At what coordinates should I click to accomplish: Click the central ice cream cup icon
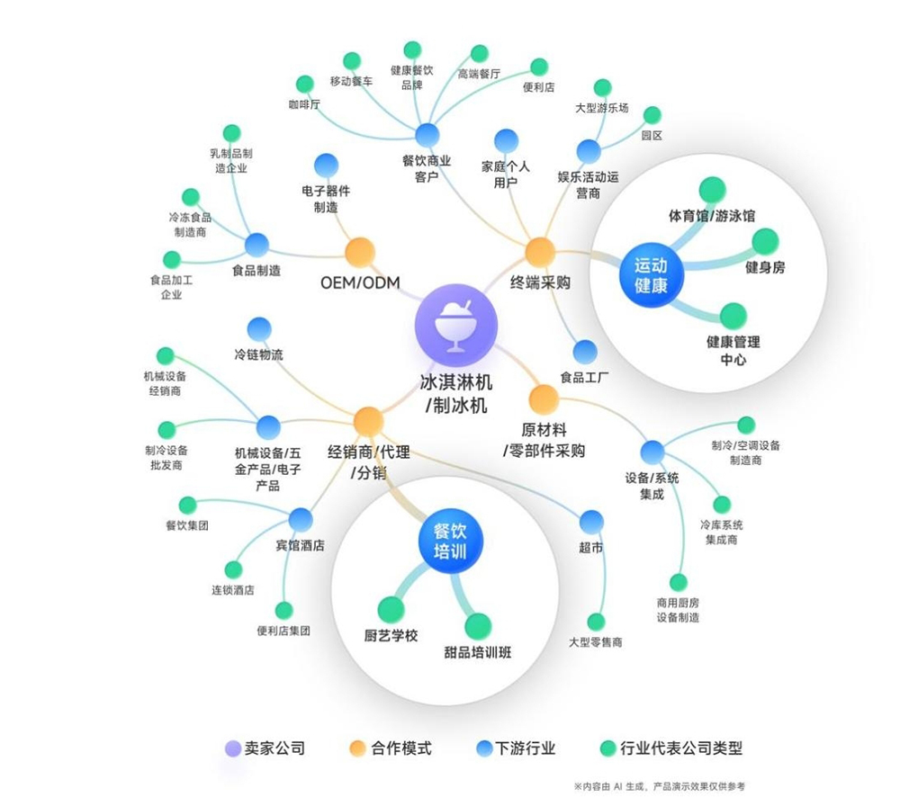[x=455, y=325]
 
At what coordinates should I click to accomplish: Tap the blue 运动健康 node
[x=651, y=275]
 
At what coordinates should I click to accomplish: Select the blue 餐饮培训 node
[x=450, y=542]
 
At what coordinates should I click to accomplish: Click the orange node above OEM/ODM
[x=360, y=253]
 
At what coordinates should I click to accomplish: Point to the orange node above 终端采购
[x=539, y=253]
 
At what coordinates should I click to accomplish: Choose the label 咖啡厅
[x=304, y=104]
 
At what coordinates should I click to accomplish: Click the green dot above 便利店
[x=539, y=67]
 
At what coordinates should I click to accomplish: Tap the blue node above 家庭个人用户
[x=506, y=141]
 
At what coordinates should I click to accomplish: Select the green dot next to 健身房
[x=764, y=242]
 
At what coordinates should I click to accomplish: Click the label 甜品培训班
[x=478, y=652]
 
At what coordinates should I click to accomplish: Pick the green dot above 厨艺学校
[x=391, y=609]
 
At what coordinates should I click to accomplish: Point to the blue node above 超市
[x=591, y=522]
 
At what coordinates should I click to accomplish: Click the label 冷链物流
[x=258, y=354]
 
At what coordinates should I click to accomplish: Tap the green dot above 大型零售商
[x=596, y=622]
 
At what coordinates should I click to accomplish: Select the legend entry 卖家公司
[x=265, y=748]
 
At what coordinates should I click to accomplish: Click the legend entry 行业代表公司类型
[x=671, y=748]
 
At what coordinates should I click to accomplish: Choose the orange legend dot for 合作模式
[x=357, y=748]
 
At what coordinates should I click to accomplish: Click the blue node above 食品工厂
[x=585, y=352]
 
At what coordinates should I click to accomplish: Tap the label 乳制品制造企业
[x=230, y=161]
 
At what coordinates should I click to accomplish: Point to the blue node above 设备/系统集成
[x=652, y=452]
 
